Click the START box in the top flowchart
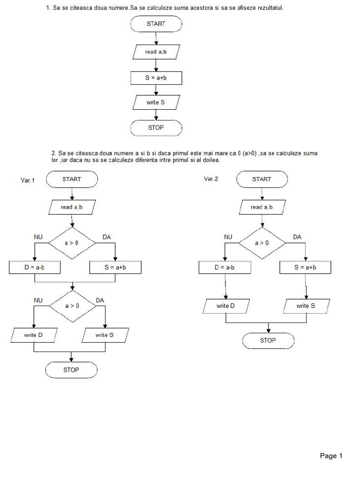pos(156,23)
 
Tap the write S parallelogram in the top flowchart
pos(156,102)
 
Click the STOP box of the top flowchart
pos(156,127)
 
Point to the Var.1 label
pos(28,180)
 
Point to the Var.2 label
pos(211,179)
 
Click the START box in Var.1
pos(72,179)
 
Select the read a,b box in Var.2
pos(262,207)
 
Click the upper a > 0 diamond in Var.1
pos(72,243)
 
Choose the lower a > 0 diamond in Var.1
pos(72,306)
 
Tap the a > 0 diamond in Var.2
pos(262,243)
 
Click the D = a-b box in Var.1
pos(35,267)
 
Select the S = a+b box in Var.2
pos(305,267)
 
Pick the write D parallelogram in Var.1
pos(34,335)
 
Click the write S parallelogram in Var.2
pos(306,306)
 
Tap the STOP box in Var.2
pos(268,340)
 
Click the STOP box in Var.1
pos(71,370)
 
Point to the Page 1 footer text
pos(331,456)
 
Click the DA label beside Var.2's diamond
pos(297,237)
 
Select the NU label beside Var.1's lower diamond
pos(38,300)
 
